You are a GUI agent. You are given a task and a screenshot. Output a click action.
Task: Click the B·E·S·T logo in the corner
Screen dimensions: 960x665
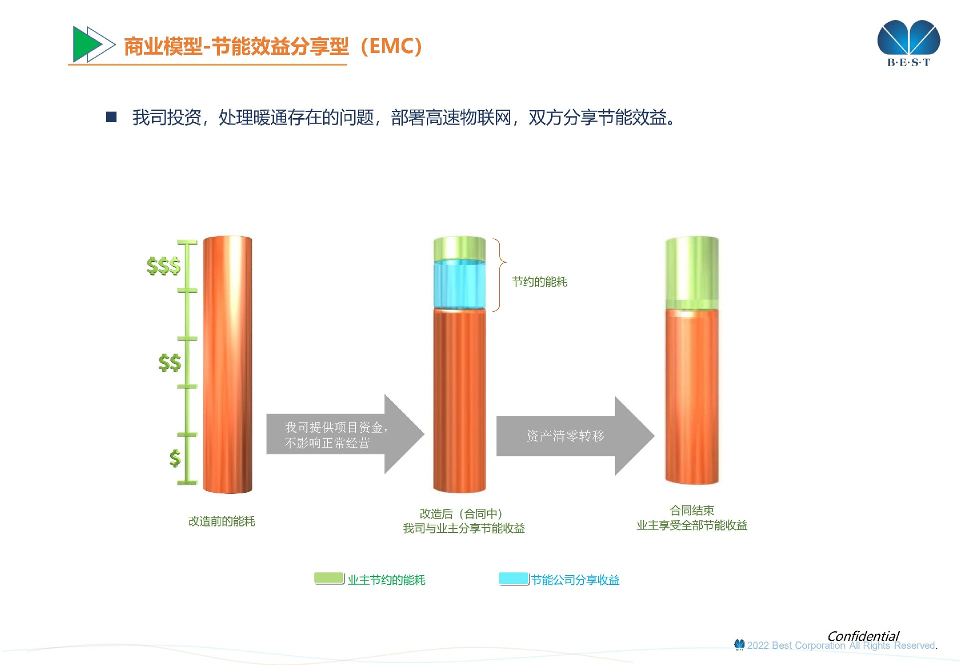pyautogui.click(x=908, y=44)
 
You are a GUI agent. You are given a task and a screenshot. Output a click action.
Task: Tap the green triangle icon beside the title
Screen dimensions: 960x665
pyautogui.click(x=86, y=44)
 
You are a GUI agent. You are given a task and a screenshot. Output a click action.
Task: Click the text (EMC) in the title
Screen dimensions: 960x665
pyautogui.click(x=391, y=46)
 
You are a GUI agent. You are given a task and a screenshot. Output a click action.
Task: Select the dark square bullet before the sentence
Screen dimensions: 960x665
pyautogui.click(x=111, y=117)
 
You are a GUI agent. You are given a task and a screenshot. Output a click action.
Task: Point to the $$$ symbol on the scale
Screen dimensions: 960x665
pyautogui.click(x=163, y=266)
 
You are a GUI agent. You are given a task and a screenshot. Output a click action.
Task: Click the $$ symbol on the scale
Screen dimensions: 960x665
pyautogui.click(x=169, y=362)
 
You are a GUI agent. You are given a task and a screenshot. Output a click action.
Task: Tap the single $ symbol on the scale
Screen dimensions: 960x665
pyautogui.click(x=175, y=458)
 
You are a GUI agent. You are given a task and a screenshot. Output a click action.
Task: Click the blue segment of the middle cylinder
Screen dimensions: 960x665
pyautogui.click(x=459, y=284)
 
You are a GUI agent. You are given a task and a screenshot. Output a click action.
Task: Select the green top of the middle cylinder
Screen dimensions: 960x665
pyautogui.click(x=459, y=249)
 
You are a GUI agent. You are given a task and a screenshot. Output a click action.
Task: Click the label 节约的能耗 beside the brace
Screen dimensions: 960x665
pyautogui.click(x=539, y=282)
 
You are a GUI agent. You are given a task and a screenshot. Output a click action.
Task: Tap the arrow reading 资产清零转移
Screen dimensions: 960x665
pyautogui.click(x=575, y=435)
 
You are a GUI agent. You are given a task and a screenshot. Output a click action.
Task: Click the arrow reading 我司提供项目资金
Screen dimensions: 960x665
pyautogui.click(x=345, y=434)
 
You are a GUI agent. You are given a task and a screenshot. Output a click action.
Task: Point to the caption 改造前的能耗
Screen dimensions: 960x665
pyautogui.click(x=221, y=521)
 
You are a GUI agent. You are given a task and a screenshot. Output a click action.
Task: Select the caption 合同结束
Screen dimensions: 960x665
pyautogui.click(x=692, y=510)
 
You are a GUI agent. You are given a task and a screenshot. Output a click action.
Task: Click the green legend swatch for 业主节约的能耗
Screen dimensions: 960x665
pyautogui.click(x=329, y=578)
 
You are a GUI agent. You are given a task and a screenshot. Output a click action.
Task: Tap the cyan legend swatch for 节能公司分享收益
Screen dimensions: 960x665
pyautogui.click(x=514, y=578)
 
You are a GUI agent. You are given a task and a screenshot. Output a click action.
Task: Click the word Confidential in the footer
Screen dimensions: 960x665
pyautogui.click(x=863, y=636)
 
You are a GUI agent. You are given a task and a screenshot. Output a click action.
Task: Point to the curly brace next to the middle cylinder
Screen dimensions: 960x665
pyautogui.click(x=499, y=275)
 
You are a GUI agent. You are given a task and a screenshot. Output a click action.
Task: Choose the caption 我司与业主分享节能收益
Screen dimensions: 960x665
pyautogui.click(x=464, y=528)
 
